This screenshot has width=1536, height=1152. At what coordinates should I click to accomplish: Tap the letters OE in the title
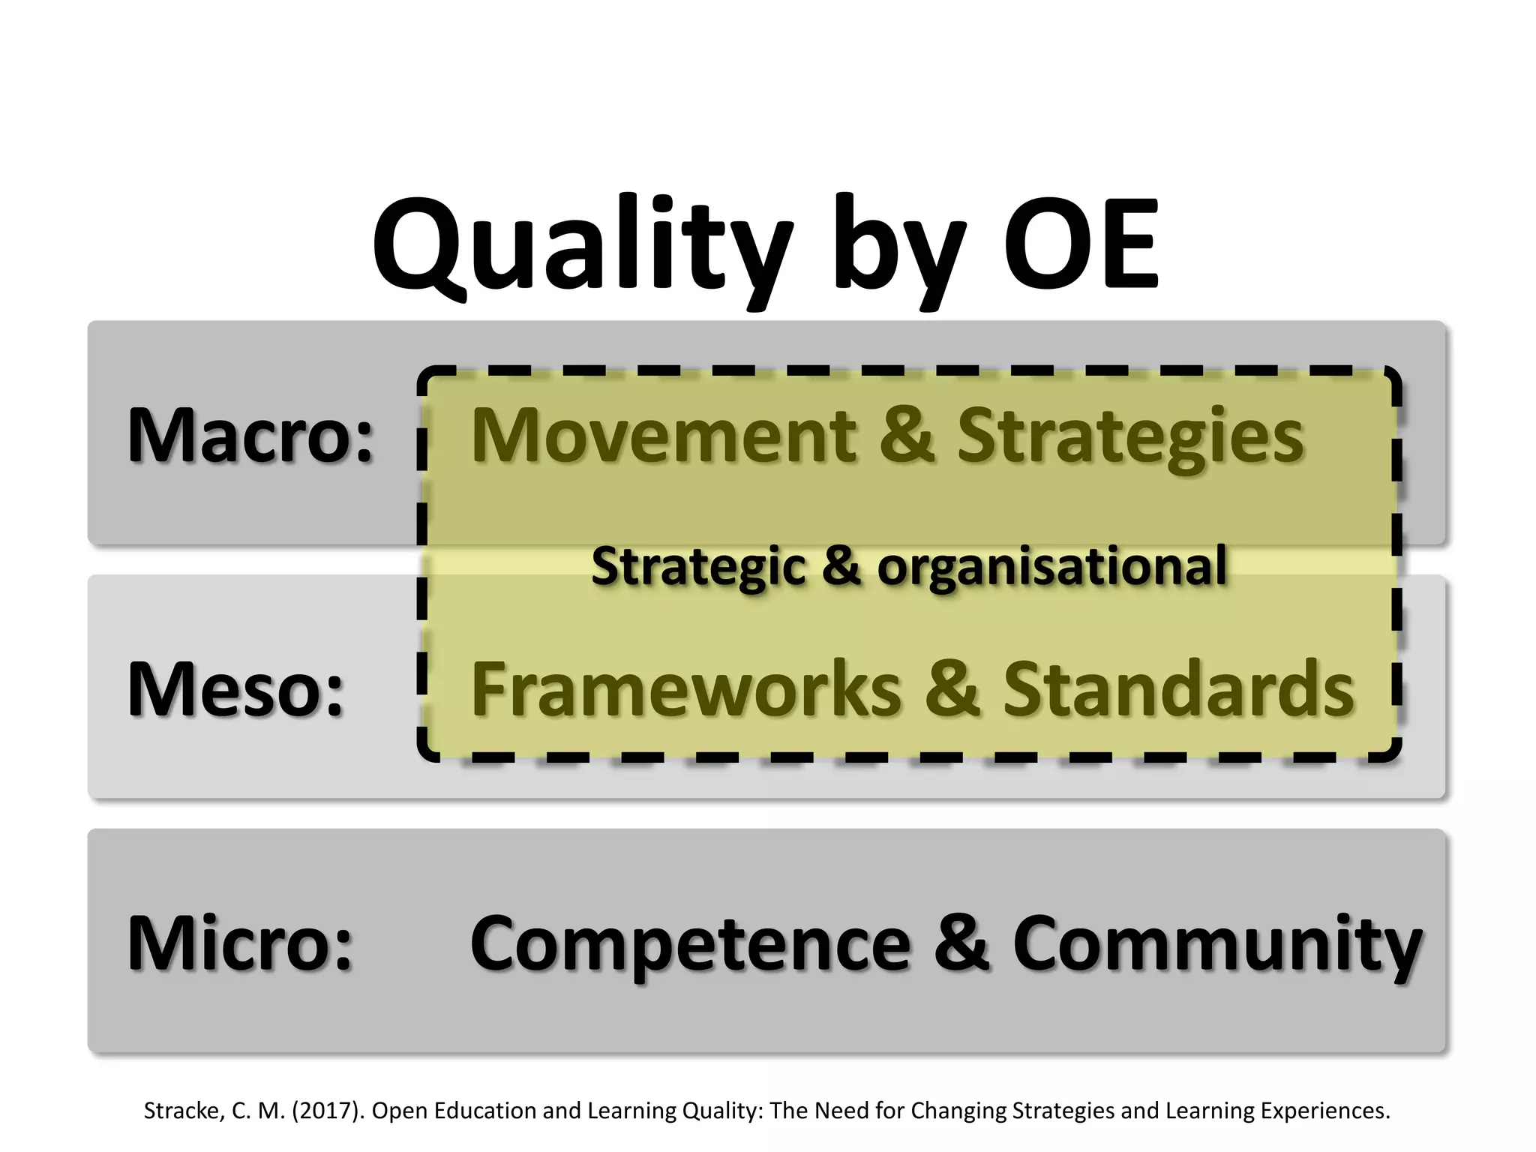(1081, 244)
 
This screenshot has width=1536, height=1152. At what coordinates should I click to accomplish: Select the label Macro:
(250, 435)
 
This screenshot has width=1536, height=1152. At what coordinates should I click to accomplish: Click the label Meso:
(235, 688)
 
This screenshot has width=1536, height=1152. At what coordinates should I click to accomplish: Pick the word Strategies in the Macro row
(1131, 436)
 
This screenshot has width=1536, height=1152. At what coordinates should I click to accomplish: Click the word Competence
(690, 943)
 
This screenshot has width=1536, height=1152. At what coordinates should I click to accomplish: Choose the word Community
(1216, 943)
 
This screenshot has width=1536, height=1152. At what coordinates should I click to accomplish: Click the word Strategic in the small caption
(697, 566)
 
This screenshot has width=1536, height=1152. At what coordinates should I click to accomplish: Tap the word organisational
(1051, 566)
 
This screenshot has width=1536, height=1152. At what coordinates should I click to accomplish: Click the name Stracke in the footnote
(183, 1111)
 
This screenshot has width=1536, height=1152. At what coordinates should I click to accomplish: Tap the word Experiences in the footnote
(1325, 1111)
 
